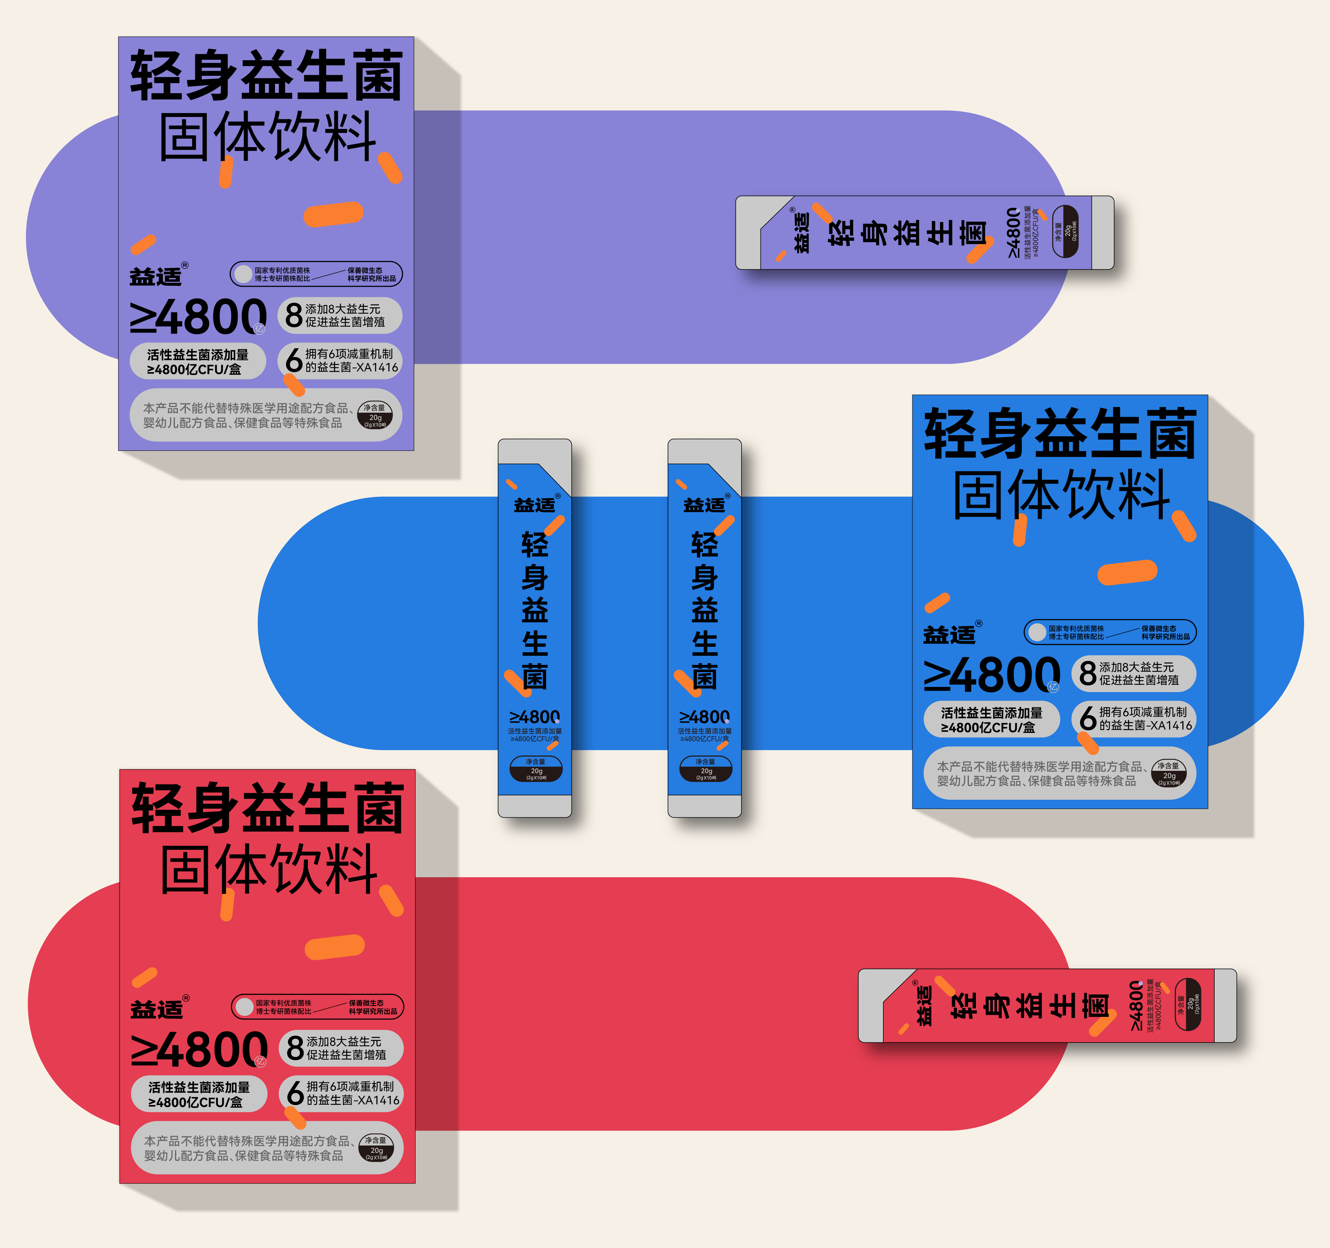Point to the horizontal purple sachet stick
(925, 233)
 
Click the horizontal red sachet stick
(1047, 1005)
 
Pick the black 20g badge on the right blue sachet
(706, 769)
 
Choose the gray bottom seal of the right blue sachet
(705, 806)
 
